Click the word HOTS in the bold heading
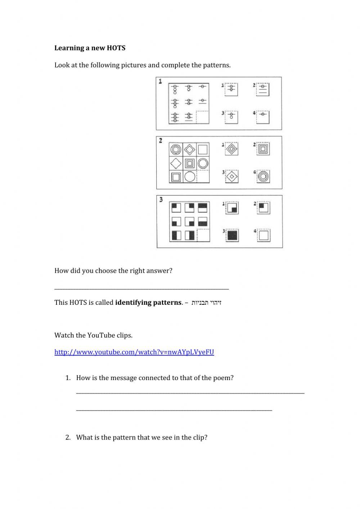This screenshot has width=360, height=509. pos(116,48)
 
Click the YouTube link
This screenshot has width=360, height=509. pos(134,352)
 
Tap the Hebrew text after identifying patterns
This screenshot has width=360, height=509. pos(206,302)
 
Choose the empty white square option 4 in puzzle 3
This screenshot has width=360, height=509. pos(264,236)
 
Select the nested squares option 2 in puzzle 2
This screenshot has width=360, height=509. pos(264,148)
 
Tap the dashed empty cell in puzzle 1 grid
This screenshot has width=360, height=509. pos(202,117)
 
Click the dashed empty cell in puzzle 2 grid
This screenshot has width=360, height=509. pos(203,177)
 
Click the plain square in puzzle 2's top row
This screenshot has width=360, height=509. pos(203,149)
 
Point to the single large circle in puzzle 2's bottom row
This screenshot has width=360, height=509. pos(190,177)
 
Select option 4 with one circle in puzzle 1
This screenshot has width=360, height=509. pos(264,117)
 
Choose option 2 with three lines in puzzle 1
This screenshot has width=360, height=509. pos(264,89)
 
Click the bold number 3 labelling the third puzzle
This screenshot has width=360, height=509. pos(161,200)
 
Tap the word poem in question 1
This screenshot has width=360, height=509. pos(224,378)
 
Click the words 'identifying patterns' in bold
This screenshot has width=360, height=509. pos(148,302)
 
